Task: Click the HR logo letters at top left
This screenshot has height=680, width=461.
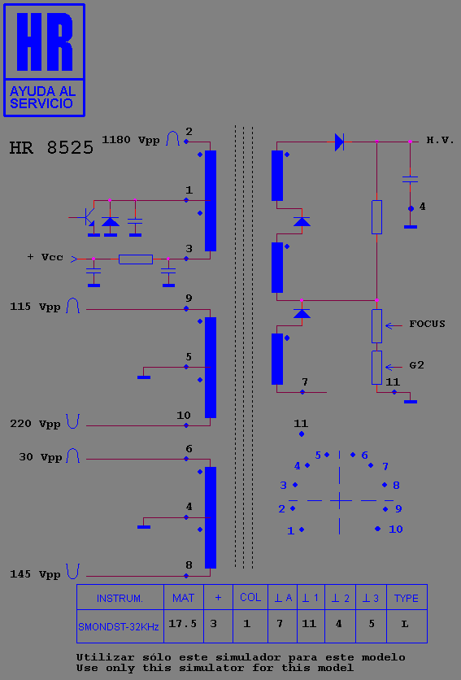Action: tap(45, 42)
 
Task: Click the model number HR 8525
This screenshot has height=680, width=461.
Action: tap(51, 148)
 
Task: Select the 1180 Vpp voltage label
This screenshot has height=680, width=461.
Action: tap(131, 140)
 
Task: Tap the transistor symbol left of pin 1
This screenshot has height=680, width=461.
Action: tap(88, 217)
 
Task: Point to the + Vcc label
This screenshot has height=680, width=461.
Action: tap(45, 257)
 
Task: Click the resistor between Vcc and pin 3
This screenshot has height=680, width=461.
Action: tap(136, 259)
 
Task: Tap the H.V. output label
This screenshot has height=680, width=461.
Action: tap(440, 140)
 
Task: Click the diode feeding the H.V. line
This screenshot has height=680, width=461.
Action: tap(339, 142)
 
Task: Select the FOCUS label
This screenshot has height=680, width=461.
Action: tap(427, 324)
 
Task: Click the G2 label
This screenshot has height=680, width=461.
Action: tap(417, 365)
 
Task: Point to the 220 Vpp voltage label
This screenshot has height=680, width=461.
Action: tap(35, 424)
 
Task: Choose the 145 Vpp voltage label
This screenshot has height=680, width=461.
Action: tap(35, 574)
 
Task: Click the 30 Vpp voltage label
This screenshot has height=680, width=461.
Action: tap(41, 457)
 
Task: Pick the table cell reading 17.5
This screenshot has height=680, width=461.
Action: tap(183, 624)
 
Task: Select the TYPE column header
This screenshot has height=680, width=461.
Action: tap(407, 599)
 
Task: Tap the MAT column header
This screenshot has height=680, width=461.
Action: tap(183, 599)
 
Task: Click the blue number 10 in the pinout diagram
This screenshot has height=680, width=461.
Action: tap(395, 529)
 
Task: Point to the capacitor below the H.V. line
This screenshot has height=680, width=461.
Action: tap(411, 179)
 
